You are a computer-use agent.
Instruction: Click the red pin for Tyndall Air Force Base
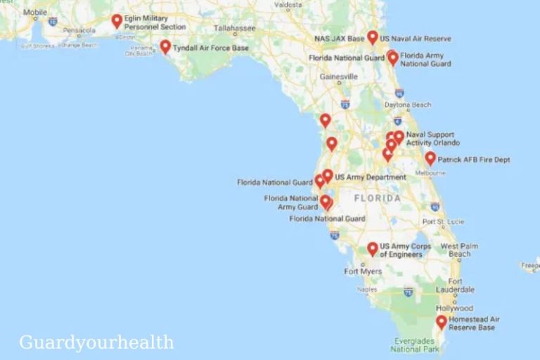point(165,46)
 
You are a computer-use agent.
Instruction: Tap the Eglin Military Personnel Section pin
point(117,21)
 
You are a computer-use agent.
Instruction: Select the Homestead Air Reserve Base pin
point(441,322)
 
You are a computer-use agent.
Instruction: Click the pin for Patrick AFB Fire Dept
point(430,158)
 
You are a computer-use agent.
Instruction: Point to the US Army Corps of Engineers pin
point(373,249)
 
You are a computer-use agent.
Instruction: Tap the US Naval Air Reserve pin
point(373,37)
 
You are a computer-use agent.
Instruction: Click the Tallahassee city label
point(234,29)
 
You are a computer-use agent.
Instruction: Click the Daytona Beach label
point(407,105)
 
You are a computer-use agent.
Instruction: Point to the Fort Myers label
point(363,271)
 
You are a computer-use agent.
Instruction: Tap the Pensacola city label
point(78,30)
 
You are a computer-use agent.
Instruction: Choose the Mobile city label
point(35,13)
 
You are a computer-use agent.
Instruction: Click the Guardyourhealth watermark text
point(96,342)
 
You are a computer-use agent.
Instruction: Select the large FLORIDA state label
point(377,198)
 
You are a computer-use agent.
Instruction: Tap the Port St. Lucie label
point(443,222)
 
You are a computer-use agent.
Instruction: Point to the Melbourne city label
point(430,172)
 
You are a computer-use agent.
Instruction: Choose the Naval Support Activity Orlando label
point(430,139)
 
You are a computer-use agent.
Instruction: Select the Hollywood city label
point(454,308)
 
